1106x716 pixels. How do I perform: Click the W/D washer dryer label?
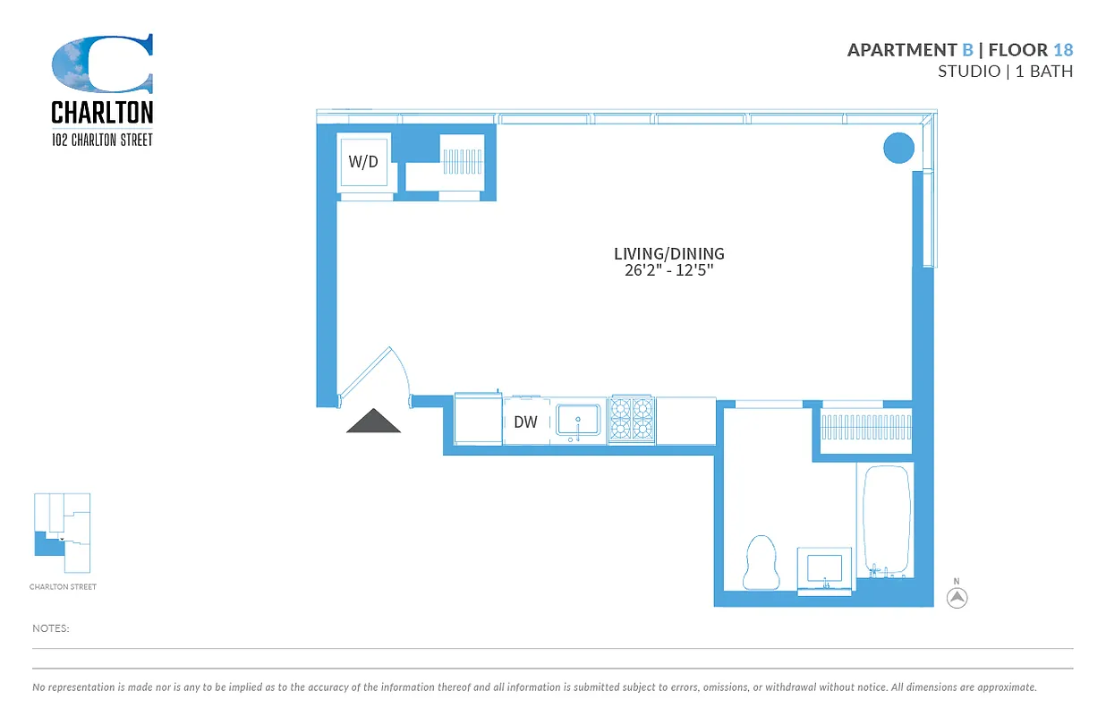coord(362,162)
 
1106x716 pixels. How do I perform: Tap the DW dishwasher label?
coord(526,422)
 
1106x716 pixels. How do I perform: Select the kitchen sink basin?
coord(578,420)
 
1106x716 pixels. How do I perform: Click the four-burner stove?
coord(632,420)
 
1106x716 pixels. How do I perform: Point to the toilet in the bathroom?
coord(761,562)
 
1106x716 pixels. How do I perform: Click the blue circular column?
coord(898,148)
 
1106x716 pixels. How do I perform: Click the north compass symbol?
coord(957,597)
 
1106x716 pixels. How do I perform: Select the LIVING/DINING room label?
coord(668,254)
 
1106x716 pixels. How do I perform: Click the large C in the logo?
coord(102,64)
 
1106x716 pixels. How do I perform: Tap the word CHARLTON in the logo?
coord(102,112)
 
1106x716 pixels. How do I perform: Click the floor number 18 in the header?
coord(1063,50)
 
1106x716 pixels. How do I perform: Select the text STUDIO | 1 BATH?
coord(1004,72)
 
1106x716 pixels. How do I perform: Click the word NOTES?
coord(51,628)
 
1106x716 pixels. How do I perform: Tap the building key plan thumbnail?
coord(62,533)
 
